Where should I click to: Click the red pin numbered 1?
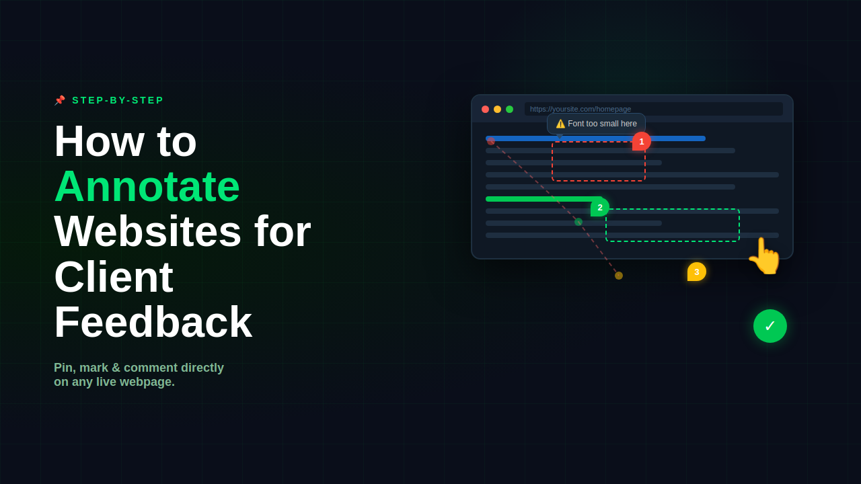[x=642, y=141]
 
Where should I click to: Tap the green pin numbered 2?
[x=600, y=208]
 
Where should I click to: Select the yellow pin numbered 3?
[x=696, y=272]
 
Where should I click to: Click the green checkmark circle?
[x=770, y=326]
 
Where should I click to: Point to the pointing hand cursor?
[x=765, y=257]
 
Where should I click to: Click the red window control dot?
[x=485, y=110]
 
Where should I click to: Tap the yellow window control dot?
[x=497, y=110]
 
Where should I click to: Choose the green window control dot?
[x=510, y=110]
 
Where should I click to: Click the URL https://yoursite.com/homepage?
[x=581, y=109]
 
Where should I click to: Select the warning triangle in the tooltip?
[x=560, y=124]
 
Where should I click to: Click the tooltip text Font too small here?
[x=602, y=124]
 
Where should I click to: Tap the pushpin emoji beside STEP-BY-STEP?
[x=60, y=100]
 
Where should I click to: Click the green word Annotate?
[x=147, y=186]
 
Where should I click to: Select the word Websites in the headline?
[x=148, y=231]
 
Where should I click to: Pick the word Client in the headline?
[x=114, y=276]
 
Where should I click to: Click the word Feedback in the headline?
[x=153, y=322]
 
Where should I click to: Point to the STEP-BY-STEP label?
[x=118, y=100]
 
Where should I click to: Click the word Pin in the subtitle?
[x=63, y=368]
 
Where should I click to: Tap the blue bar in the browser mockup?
[x=595, y=138]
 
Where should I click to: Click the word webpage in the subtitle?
[x=147, y=382]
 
